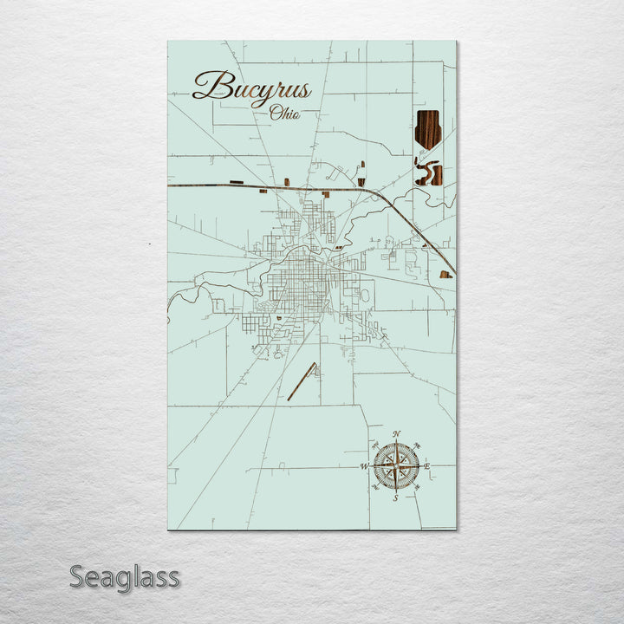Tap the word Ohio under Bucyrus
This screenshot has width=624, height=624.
(284, 113)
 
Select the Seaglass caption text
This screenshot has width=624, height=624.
(125, 576)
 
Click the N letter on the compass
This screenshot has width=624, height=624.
(396, 433)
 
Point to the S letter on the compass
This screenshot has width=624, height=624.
(395, 499)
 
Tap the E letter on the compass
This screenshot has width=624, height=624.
(427, 467)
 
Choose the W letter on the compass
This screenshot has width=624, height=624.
(364, 467)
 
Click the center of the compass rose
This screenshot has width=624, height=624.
(396, 466)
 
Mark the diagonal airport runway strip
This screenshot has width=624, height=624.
(302, 381)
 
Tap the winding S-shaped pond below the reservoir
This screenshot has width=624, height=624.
(426, 172)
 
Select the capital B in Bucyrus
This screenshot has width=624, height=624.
(209, 86)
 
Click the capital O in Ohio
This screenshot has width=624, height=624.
(275, 112)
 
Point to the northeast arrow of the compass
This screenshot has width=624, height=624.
(411, 452)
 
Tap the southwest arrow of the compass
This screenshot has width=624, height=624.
(381, 482)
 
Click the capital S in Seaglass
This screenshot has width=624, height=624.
(77, 576)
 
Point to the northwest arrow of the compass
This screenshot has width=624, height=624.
(381, 452)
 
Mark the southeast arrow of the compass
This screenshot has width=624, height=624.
(411, 482)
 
